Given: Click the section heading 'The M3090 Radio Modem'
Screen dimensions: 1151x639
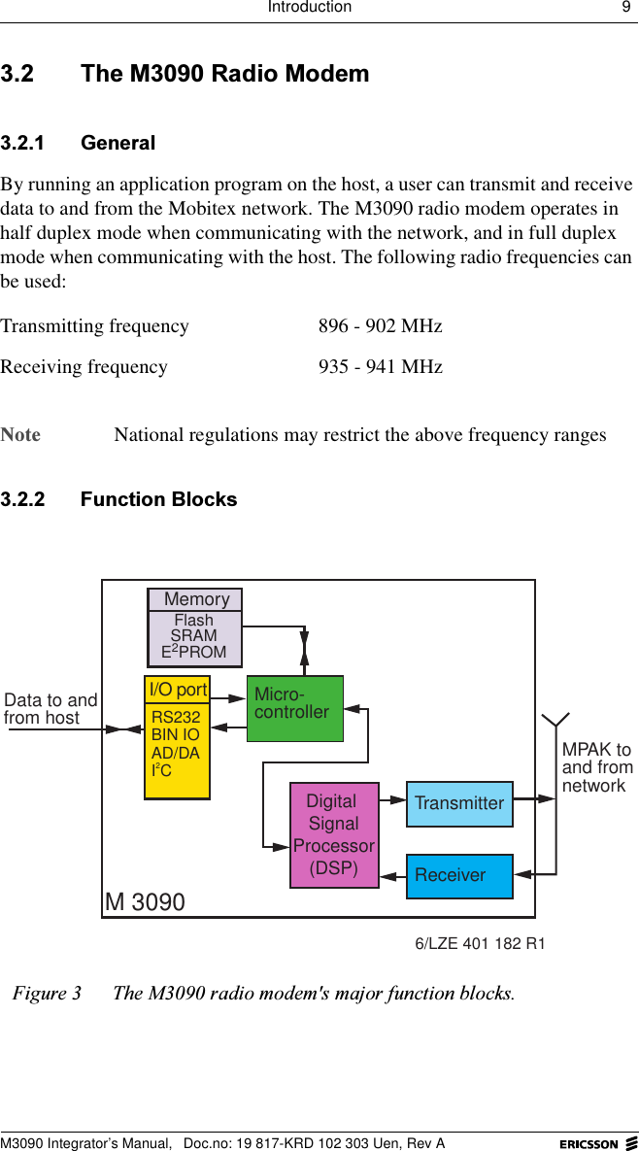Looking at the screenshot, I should (x=224, y=74).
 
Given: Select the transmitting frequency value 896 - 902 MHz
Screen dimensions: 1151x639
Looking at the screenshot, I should (x=380, y=326).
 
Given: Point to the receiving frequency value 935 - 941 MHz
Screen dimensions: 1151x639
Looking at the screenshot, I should (x=380, y=367).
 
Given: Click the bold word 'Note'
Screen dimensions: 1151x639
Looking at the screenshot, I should (x=21, y=434).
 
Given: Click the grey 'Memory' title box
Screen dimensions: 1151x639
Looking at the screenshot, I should (x=195, y=599).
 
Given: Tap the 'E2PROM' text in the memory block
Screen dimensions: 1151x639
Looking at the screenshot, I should (x=194, y=652).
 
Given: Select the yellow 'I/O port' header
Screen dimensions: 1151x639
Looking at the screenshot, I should (x=177, y=690).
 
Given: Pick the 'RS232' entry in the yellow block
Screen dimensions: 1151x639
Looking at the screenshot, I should (x=176, y=718).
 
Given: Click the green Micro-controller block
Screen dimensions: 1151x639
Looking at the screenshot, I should (x=294, y=708).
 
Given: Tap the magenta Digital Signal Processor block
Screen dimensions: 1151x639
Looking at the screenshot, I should (x=334, y=835).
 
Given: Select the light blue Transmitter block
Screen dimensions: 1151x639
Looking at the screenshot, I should (x=459, y=803).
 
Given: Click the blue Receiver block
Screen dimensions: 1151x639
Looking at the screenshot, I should (x=459, y=875).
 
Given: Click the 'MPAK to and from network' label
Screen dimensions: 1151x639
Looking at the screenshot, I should (x=596, y=767).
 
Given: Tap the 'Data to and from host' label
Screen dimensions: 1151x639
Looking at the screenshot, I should (x=50, y=709).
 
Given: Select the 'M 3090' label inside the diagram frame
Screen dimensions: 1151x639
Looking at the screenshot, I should (x=145, y=902).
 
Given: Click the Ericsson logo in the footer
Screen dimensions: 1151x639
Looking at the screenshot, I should (x=597, y=1143).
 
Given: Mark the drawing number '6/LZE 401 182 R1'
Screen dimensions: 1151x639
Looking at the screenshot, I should (x=480, y=943).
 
